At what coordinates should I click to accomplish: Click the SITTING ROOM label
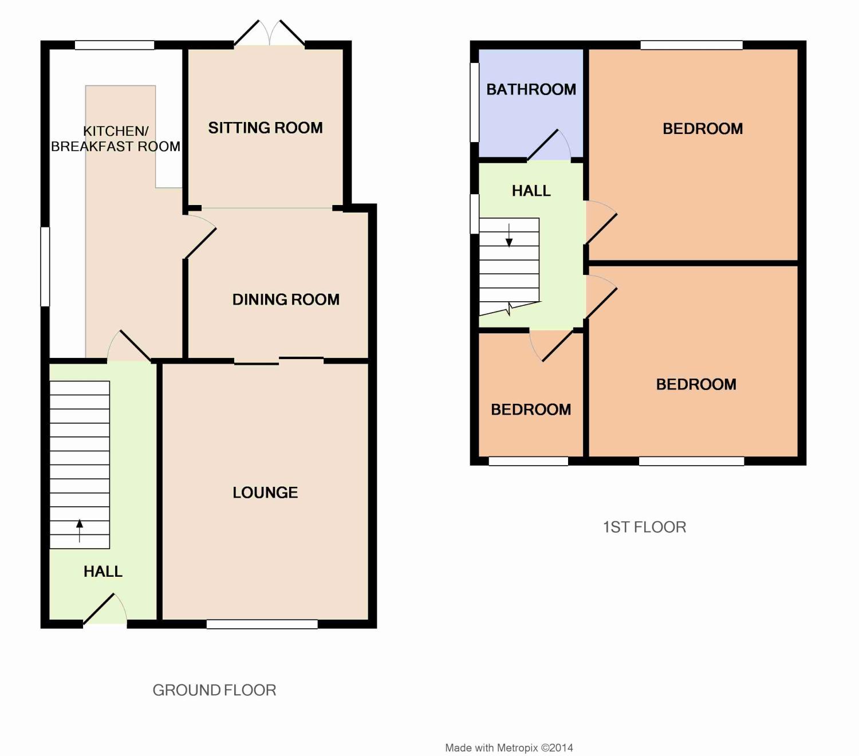(x=265, y=128)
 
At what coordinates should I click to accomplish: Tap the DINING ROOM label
(x=286, y=300)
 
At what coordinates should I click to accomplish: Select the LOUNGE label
(x=265, y=493)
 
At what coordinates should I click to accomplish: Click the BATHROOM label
(x=531, y=89)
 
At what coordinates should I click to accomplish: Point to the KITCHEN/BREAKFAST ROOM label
(x=116, y=139)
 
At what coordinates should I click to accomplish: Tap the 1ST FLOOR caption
(x=644, y=527)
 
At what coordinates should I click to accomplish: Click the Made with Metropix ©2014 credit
(x=509, y=747)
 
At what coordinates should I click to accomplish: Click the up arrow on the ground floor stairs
(x=79, y=530)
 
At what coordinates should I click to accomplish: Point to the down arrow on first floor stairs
(x=509, y=235)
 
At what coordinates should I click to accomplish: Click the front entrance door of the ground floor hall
(x=105, y=609)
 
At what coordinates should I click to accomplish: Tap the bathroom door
(x=549, y=145)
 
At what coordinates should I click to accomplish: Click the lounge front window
(x=262, y=624)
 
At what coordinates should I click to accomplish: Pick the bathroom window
(x=474, y=102)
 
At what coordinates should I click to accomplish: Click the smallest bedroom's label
(x=531, y=409)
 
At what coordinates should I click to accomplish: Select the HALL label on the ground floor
(x=103, y=572)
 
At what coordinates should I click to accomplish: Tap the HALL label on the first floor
(x=531, y=191)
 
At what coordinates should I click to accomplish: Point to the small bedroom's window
(x=529, y=461)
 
